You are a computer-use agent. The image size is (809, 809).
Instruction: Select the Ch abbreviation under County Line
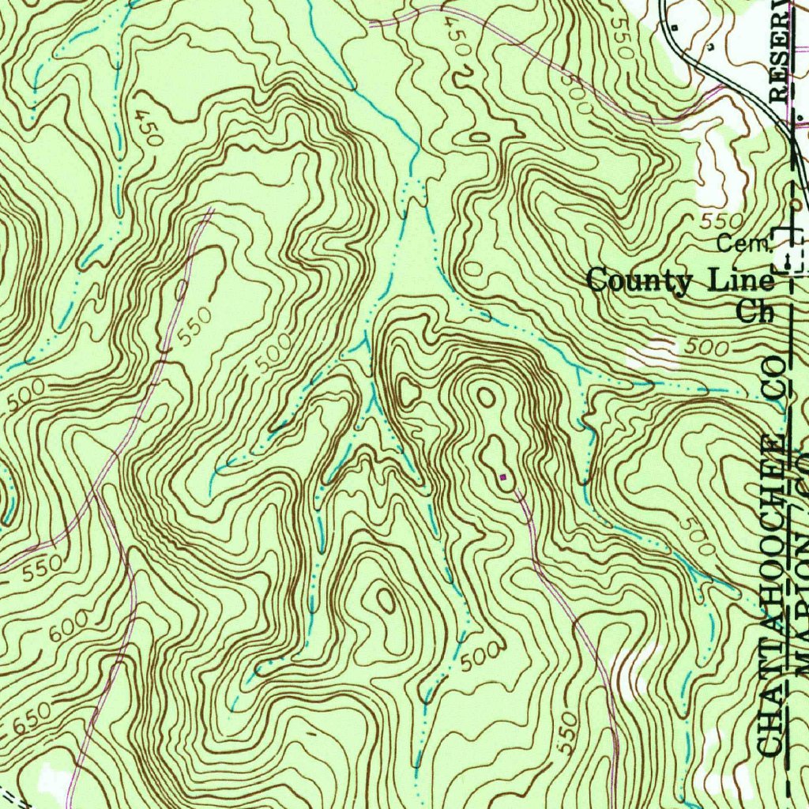pyautogui.click(x=755, y=310)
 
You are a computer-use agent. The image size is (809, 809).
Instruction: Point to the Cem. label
pyautogui.click(x=743, y=244)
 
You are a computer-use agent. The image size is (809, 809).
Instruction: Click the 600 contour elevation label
pyautogui.click(x=70, y=629)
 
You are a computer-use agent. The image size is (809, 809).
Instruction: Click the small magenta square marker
pyautogui.click(x=502, y=476)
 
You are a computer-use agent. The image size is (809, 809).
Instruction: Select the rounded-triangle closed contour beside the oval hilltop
pyautogui.click(x=409, y=389)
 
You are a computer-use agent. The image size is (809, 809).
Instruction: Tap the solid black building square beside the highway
pyautogui.click(x=674, y=27)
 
